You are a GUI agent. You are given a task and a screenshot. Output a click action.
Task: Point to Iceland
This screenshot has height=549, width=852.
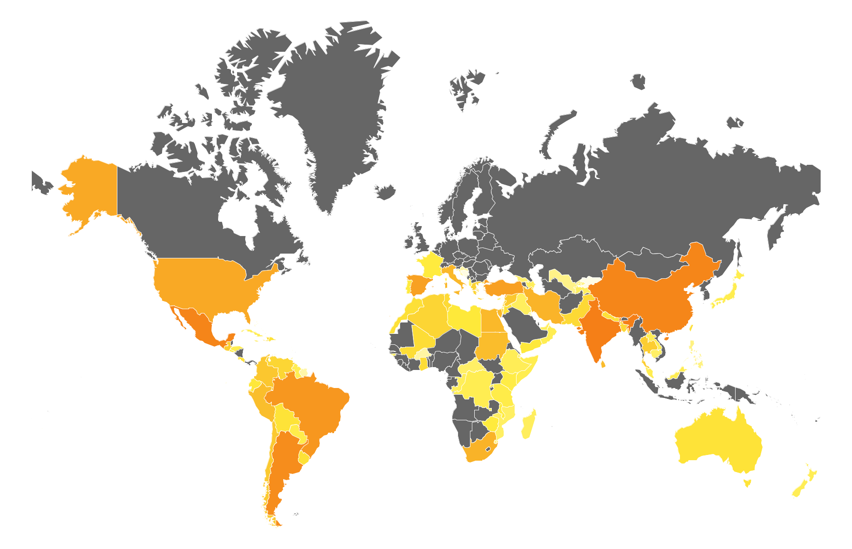[386, 191]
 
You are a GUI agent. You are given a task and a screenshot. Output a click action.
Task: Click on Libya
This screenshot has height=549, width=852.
[463, 318]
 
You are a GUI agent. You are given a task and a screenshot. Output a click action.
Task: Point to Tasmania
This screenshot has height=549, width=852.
[747, 483]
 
